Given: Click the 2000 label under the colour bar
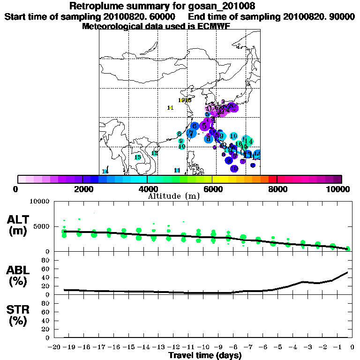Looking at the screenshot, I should click(x=82, y=189).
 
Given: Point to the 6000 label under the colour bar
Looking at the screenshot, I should click(x=212, y=189).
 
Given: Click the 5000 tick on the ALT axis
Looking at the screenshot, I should click(x=41, y=227).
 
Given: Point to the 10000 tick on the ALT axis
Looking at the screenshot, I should click(x=39, y=202).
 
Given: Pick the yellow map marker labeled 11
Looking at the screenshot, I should click(x=170, y=108).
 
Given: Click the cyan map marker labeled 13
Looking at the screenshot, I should click(x=138, y=157).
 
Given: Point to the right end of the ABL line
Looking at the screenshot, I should click(x=347, y=272).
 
